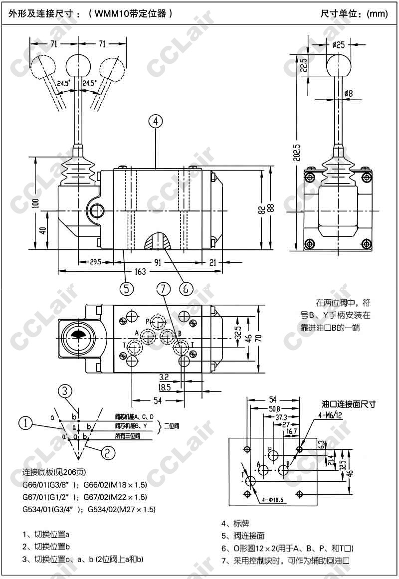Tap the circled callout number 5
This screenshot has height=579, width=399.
point(127,288)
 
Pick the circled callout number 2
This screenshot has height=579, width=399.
point(107,452)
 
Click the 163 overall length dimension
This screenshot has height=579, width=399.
point(141,272)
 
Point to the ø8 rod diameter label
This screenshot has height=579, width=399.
point(348,93)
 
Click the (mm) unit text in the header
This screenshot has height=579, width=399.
point(377,13)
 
